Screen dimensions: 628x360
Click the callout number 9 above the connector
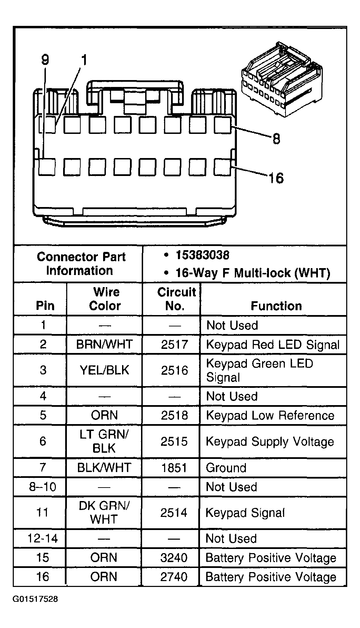pyautogui.click(x=45, y=60)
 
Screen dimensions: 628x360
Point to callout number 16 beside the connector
pyautogui.click(x=276, y=178)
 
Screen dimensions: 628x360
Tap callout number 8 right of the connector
pyautogui.click(x=276, y=139)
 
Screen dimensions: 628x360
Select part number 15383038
pyautogui.click(x=202, y=255)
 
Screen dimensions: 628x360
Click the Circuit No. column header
pyautogui.click(x=176, y=299)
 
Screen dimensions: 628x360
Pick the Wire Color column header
pyautogui.click(x=105, y=299)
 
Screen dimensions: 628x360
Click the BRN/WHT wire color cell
pyautogui.click(x=104, y=344)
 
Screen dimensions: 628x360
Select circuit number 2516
pyautogui.click(x=174, y=370)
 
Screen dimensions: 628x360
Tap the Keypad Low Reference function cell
pyautogui.click(x=270, y=415)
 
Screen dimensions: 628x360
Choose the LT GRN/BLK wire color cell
pyautogui.click(x=104, y=441)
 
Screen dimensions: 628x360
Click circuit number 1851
pyautogui.click(x=174, y=468)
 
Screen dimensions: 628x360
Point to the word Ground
pyautogui.click(x=226, y=468)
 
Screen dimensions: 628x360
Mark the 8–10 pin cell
pyautogui.click(x=42, y=487)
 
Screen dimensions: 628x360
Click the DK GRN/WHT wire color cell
pyautogui.click(x=104, y=512)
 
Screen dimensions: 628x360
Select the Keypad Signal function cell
pyautogui.click(x=245, y=513)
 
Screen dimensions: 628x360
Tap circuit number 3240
pyautogui.click(x=174, y=558)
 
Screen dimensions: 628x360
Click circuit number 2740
pyautogui.click(x=174, y=577)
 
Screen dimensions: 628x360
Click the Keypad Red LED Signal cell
pyautogui.click(x=272, y=345)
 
